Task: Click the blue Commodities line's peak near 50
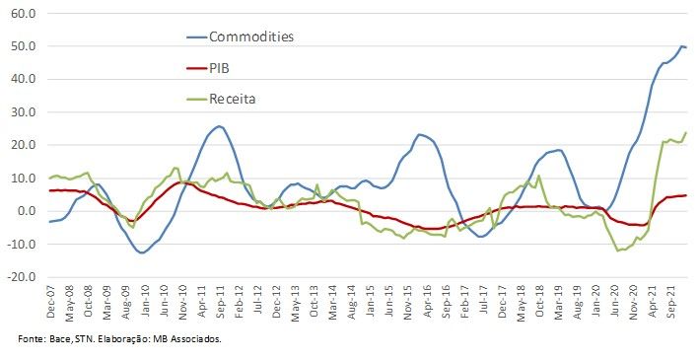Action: [682, 46]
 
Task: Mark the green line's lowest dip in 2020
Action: [618, 251]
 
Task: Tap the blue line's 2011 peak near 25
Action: [219, 126]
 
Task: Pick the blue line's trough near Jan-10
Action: [144, 253]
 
